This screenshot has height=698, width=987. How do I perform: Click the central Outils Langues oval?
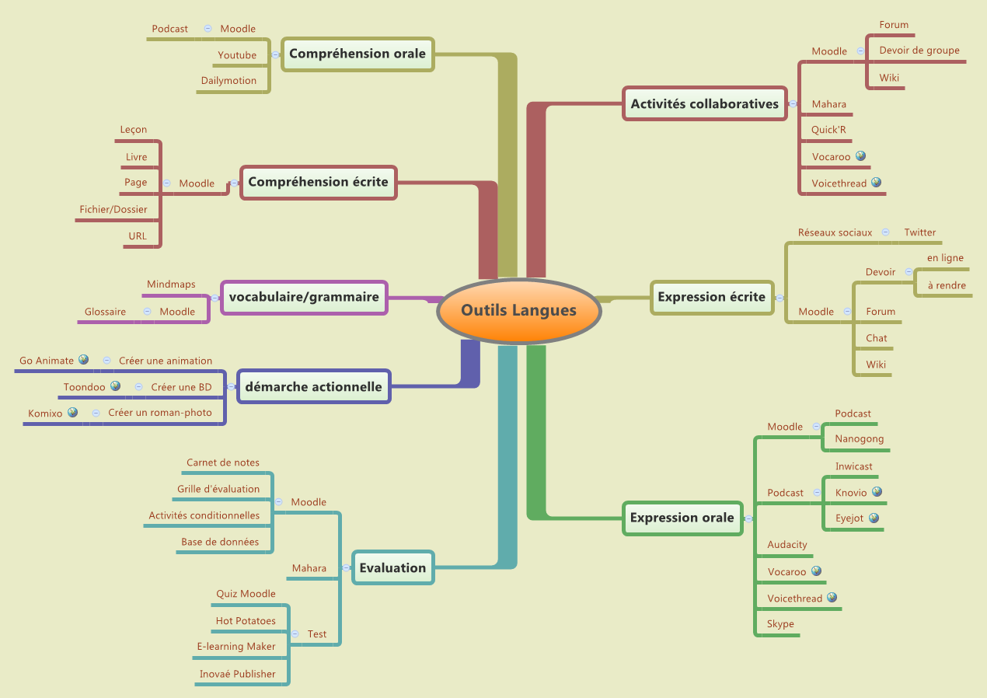click(518, 311)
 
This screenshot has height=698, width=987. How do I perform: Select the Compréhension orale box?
click(357, 54)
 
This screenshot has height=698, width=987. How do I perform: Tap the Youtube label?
click(237, 55)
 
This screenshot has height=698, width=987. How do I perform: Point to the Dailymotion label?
click(228, 81)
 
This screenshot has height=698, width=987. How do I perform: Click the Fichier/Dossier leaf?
click(113, 209)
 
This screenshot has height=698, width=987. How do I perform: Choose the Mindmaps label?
click(171, 284)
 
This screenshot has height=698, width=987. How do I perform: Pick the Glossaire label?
click(105, 312)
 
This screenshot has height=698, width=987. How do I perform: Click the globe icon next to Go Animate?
click(84, 360)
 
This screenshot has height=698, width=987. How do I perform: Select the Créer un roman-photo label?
click(160, 413)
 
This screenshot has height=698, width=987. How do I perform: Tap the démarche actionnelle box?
click(313, 386)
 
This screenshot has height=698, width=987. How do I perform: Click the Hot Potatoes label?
click(246, 621)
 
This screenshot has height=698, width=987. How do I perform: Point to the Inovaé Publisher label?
click(237, 674)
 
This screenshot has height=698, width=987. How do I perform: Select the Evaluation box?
click(392, 568)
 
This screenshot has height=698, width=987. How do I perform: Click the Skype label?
click(780, 624)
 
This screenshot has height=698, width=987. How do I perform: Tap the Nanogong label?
click(859, 439)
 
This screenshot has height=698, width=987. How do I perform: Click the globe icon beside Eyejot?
click(874, 518)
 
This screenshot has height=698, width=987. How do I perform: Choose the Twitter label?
click(919, 232)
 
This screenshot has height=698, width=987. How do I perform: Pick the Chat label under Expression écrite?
click(877, 338)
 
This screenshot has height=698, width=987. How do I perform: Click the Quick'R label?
click(828, 130)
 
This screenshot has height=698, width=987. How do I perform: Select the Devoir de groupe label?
click(919, 51)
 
